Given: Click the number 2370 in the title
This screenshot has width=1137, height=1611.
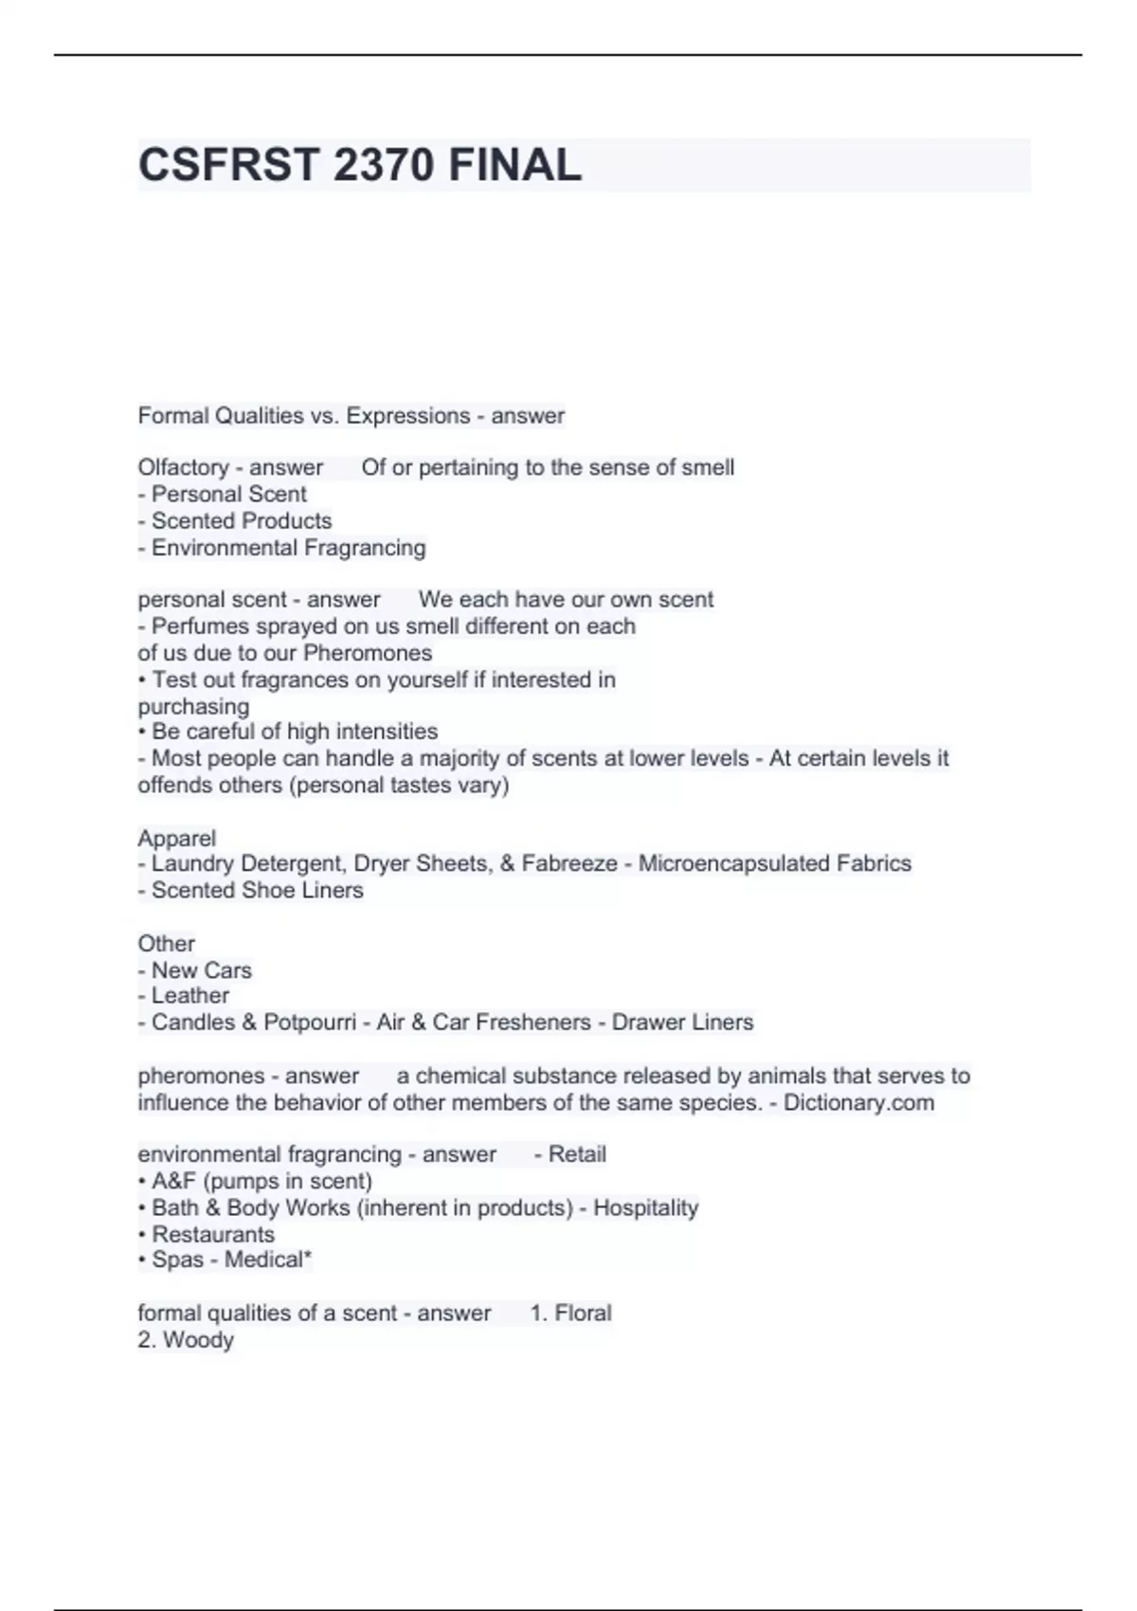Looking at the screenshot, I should (x=384, y=165).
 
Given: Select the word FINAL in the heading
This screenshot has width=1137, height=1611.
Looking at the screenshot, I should (x=514, y=165).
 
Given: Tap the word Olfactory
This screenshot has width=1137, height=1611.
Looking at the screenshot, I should (x=182, y=467).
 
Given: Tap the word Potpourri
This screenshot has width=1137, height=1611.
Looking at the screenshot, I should (x=310, y=1023).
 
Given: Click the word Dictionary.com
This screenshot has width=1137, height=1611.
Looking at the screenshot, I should (x=858, y=1103).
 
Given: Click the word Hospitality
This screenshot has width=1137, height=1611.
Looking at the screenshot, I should (x=645, y=1208).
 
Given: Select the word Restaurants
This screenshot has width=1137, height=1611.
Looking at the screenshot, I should (x=213, y=1235).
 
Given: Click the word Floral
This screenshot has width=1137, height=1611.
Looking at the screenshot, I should (x=583, y=1313).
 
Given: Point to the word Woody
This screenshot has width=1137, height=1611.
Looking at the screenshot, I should (x=198, y=1340).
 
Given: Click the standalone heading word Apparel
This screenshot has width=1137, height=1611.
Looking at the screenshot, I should (x=176, y=839).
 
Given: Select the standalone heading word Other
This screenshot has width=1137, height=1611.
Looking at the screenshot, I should (x=166, y=944).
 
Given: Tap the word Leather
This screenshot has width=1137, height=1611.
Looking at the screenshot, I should (x=190, y=996).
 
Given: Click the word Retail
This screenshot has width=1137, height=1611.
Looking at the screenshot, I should (x=577, y=1154).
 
